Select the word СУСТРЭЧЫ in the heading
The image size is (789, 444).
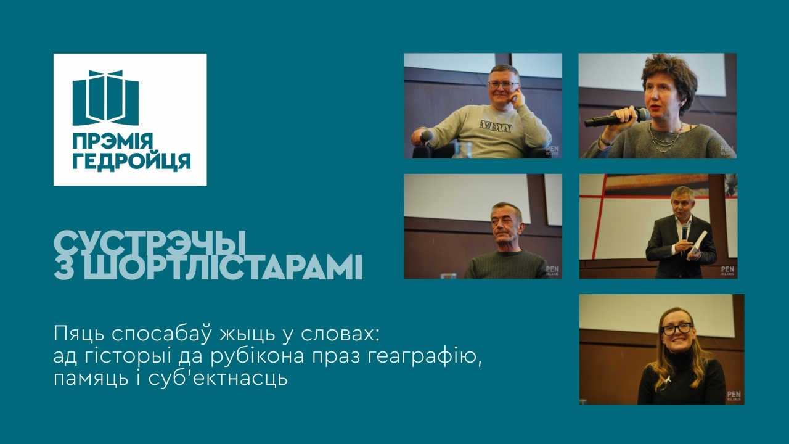tap(150, 242)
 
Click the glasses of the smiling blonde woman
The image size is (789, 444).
tap(677, 329)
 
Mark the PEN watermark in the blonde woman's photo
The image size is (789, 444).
tap(733, 395)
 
